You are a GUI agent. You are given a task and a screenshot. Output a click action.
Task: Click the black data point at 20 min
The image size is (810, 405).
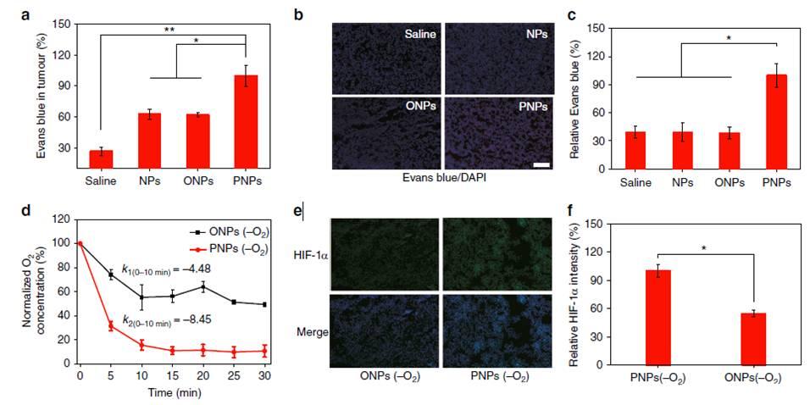(202, 286)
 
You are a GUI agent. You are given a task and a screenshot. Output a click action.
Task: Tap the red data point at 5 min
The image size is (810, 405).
(110, 325)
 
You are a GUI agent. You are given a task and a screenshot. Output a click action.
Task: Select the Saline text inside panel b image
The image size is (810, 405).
(413, 39)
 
